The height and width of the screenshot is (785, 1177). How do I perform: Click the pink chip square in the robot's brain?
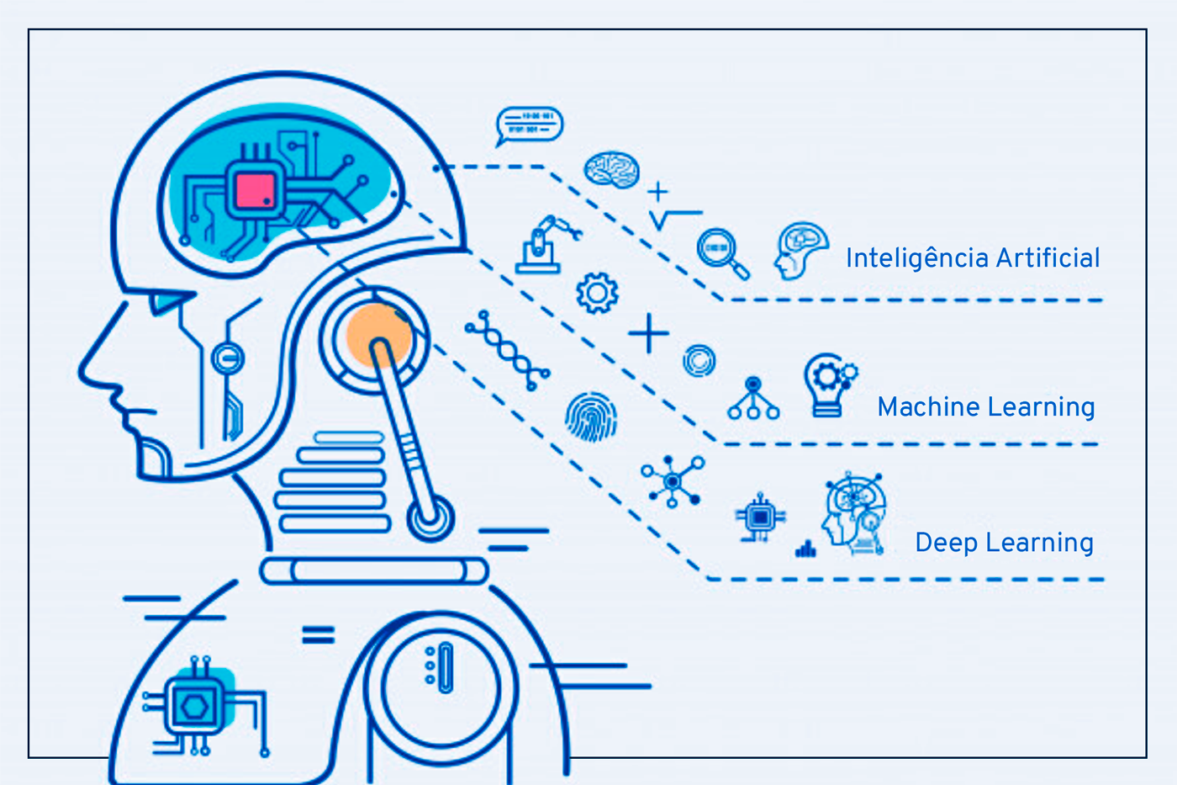pyautogui.click(x=256, y=191)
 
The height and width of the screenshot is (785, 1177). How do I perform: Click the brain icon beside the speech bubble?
pyautogui.click(x=612, y=170)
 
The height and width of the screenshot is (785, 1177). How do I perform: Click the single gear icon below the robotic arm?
pyautogui.click(x=597, y=293)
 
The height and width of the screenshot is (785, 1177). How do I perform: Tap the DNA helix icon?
pyautogui.click(x=507, y=350)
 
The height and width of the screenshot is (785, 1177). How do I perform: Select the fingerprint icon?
pyautogui.click(x=591, y=417)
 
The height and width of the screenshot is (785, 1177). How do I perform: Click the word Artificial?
pyautogui.click(x=1048, y=257)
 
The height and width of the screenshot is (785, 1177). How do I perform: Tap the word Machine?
pyautogui.click(x=927, y=407)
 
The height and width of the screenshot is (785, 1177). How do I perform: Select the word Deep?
pyautogui.click(x=947, y=544)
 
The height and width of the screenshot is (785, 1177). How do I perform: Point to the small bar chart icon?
pyautogui.click(x=805, y=549)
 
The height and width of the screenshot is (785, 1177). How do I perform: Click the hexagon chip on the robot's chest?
pyautogui.click(x=194, y=706)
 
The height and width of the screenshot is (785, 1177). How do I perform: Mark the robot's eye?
pyautogui.click(x=167, y=302)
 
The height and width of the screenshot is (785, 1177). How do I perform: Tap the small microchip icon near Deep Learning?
pyautogui.click(x=760, y=517)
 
